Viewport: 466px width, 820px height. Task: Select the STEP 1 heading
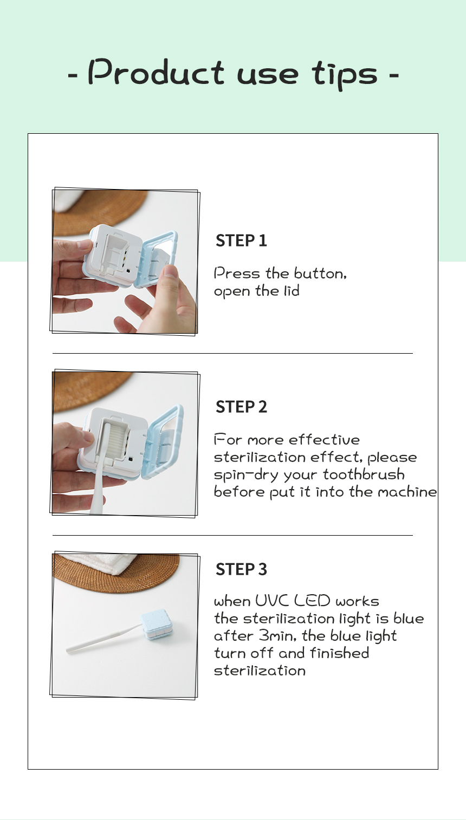[241, 240]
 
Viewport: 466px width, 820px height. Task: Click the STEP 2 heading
[241, 407]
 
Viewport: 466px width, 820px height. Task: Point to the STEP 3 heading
[241, 569]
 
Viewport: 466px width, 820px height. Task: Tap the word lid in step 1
[292, 291]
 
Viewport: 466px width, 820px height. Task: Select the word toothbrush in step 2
[364, 474]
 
